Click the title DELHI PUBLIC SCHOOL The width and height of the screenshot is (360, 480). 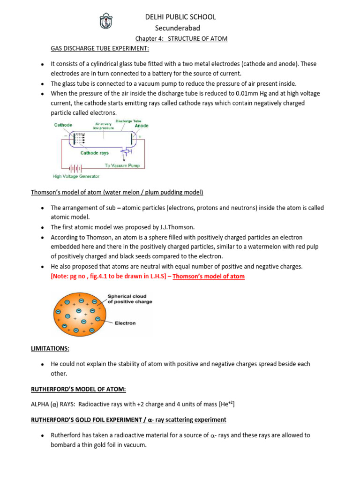coord(181,17)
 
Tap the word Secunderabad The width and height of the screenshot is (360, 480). coord(181,28)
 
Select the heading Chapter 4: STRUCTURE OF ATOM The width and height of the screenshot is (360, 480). coord(181,38)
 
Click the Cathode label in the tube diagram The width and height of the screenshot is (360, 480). coord(63,125)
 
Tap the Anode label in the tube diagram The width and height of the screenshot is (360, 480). coord(142,126)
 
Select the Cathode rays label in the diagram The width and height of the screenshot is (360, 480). coord(95,153)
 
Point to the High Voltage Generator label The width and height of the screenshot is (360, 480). coord(75,177)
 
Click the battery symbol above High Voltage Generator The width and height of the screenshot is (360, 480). coord(75,167)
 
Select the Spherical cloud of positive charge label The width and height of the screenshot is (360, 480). coord(130,299)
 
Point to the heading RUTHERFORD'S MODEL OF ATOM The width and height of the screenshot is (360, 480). coord(78,390)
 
